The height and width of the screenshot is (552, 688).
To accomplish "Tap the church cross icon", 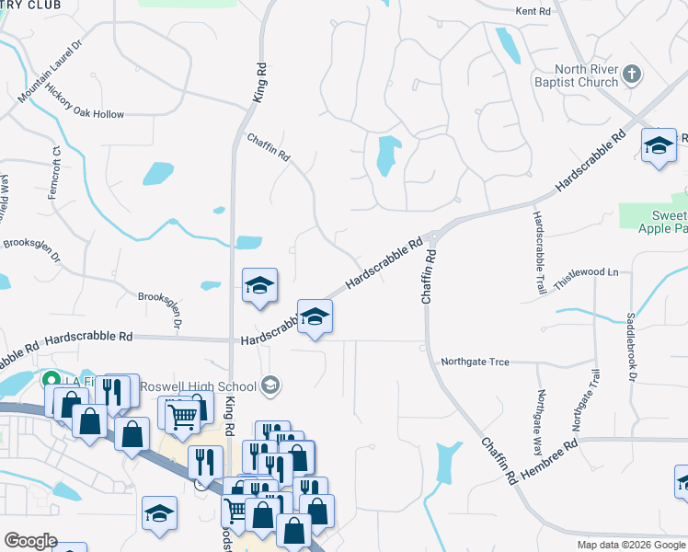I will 631,74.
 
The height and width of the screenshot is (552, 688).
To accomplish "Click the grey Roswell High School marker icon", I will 270,385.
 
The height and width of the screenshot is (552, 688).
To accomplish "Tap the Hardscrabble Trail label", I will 537,252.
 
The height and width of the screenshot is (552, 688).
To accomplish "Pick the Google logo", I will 31,540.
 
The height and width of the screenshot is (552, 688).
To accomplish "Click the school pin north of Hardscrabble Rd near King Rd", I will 260,285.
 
